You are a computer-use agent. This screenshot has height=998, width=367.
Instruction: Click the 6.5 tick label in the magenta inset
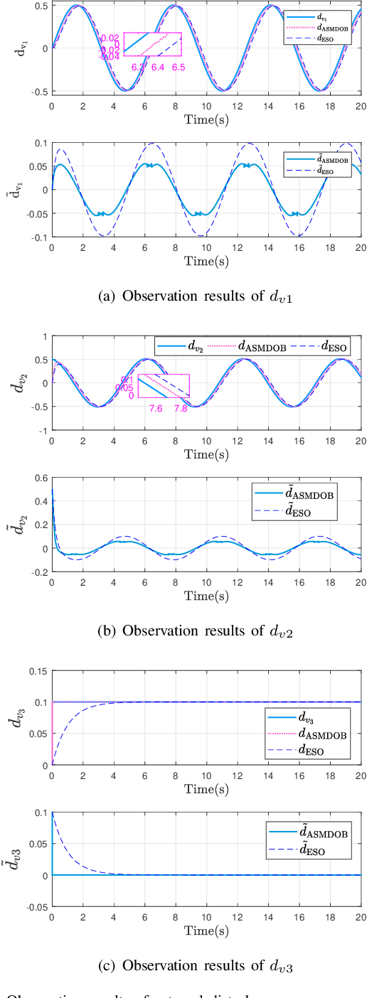tap(178, 66)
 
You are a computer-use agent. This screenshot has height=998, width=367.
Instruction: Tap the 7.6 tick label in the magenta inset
tap(156, 408)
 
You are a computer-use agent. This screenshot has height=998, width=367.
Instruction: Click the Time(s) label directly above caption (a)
tap(206, 261)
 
